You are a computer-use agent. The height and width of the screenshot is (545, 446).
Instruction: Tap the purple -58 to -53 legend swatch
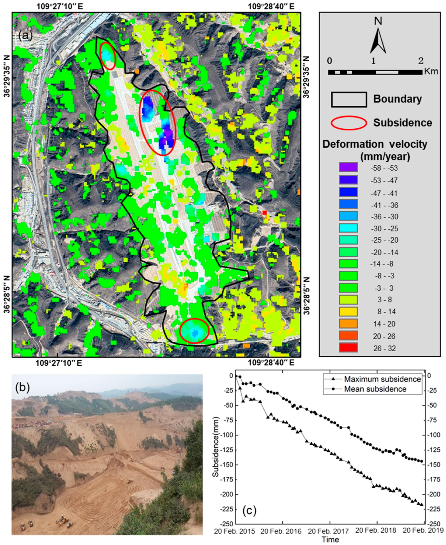tap(348, 167)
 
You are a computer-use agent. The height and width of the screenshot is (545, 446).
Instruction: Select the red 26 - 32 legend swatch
tap(348, 347)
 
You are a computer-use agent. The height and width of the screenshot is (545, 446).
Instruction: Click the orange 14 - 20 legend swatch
tap(348, 324)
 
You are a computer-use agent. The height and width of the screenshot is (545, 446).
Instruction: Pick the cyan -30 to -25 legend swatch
tap(348, 228)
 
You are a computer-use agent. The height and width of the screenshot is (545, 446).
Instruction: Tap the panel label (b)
tap(23, 388)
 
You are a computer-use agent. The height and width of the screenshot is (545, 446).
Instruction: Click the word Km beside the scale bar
tap(431, 71)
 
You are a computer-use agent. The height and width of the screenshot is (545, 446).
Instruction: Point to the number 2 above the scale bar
tap(421, 61)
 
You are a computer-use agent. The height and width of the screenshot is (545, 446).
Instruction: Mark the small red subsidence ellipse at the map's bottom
tap(194, 331)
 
